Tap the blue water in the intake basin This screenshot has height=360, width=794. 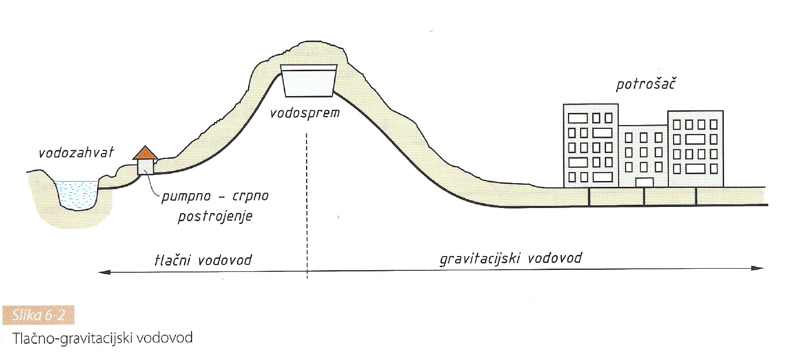[x=78, y=194]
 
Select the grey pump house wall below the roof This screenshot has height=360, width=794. [x=145, y=166]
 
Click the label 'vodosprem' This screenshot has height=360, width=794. [x=305, y=113]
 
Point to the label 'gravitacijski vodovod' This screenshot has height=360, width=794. [x=511, y=259]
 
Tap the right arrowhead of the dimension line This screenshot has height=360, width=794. [x=758, y=269]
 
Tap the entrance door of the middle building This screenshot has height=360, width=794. [x=644, y=183]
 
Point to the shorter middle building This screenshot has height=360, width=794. [x=643, y=156]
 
